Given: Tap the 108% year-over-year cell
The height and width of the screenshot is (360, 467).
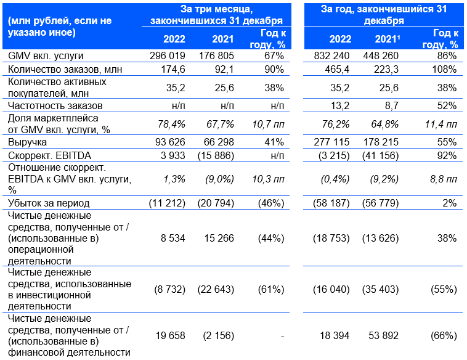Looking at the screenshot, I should tap(444, 69).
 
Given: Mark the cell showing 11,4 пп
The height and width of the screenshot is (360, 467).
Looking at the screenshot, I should tap(439, 124).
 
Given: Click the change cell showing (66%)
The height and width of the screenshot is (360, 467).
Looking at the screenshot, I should tap(444, 335).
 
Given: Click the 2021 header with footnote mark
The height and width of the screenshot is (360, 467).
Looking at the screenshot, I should tap(387, 39).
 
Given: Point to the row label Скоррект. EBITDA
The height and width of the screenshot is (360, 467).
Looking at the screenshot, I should tap(39, 154).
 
